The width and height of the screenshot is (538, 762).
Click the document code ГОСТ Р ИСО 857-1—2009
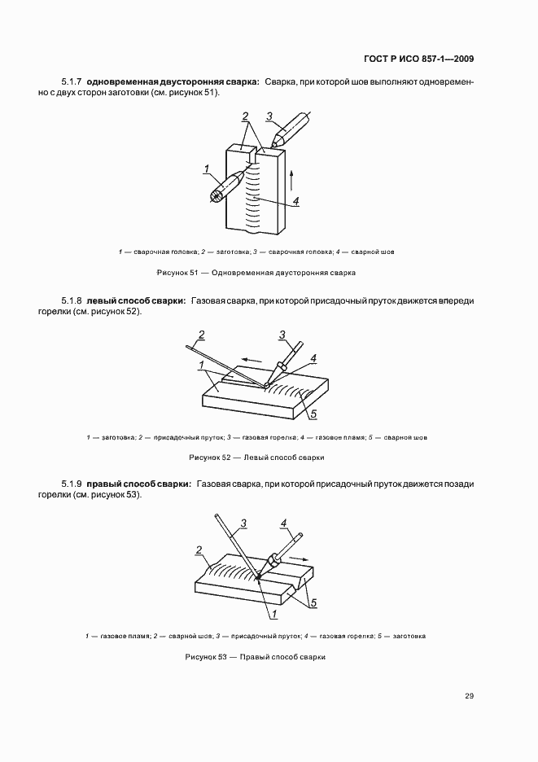[418, 59]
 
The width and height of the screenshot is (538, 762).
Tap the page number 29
[469, 695]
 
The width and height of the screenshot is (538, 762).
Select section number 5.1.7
[72, 81]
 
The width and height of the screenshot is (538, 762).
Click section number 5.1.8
[72, 300]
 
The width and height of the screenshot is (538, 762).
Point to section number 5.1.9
[72, 484]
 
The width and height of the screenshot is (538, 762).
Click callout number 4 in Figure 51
[296, 201]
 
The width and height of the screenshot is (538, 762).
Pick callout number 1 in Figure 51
[208, 169]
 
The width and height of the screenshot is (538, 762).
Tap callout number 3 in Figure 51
[269, 115]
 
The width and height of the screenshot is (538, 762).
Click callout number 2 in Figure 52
[201, 334]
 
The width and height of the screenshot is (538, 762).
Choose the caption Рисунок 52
[256, 458]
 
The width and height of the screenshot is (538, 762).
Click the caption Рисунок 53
[256, 657]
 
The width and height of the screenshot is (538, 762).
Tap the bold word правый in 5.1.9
[103, 484]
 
